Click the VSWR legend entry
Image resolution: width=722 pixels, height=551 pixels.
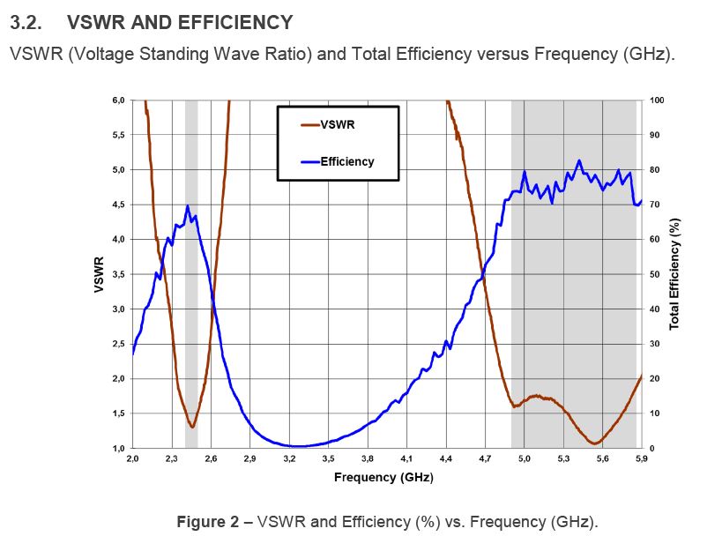(x=339, y=124)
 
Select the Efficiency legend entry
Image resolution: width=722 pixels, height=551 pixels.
(x=346, y=161)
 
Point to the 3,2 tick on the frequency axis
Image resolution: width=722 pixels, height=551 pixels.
(x=289, y=458)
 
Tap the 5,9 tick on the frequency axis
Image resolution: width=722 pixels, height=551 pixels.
(x=641, y=458)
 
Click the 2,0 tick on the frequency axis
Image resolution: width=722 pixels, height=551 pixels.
(x=132, y=458)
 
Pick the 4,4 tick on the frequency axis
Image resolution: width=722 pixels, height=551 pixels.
(x=446, y=458)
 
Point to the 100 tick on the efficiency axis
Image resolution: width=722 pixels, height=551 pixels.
(x=656, y=101)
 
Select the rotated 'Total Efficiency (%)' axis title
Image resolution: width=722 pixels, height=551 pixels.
(x=674, y=274)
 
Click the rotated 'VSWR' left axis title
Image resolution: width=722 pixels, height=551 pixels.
(x=99, y=274)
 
